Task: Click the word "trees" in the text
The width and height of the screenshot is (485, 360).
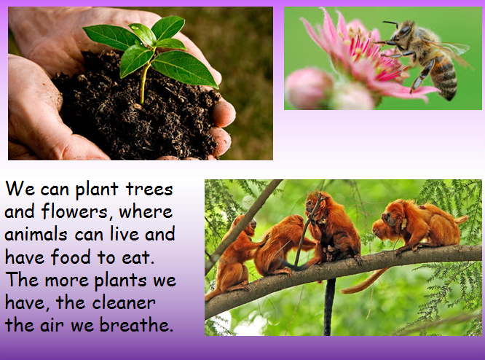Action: tap(149, 189)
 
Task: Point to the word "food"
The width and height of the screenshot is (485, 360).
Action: tap(71, 257)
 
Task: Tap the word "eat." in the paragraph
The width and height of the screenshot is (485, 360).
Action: tap(138, 257)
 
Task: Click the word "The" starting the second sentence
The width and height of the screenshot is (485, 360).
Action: tap(22, 280)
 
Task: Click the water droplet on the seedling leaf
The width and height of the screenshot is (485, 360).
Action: tap(134, 27)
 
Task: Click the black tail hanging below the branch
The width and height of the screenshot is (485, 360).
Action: tap(329, 307)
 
